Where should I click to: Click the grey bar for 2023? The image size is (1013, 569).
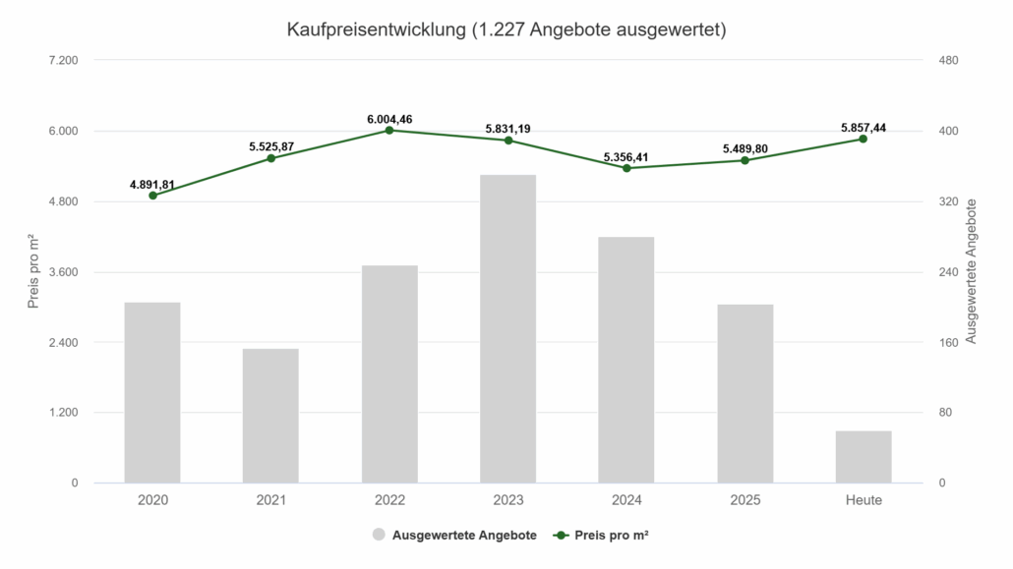(x=507, y=328)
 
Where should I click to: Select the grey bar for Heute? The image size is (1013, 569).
(x=863, y=457)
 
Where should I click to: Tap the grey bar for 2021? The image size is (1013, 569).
(x=270, y=416)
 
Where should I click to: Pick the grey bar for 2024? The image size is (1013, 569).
(x=626, y=360)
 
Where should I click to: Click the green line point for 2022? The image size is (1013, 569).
(x=389, y=130)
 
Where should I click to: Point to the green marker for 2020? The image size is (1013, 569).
(x=153, y=196)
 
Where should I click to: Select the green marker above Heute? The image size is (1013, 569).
(x=863, y=139)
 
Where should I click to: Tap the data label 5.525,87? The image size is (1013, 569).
(x=270, y=146)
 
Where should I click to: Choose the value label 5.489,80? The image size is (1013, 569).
(x=745, y=148)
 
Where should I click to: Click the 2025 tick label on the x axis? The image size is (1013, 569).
(x=745, y=500)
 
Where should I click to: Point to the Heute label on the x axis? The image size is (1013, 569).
(x=863, y=500)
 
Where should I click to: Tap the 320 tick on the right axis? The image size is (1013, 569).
(x=947, y=201)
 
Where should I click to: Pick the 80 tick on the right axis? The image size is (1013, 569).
(x=944, y=413)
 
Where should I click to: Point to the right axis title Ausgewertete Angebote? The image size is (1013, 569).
(x=972, y=271)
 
